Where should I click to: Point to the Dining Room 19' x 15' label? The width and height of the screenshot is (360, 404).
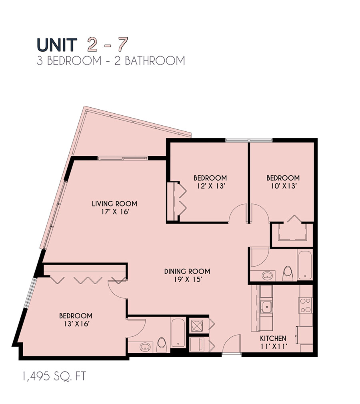point(187,275)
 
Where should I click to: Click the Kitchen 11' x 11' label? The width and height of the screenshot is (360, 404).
point(274,342)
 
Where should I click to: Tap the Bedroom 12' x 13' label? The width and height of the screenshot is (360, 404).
point(210,181)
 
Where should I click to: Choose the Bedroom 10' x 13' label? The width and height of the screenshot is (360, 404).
point(283,181)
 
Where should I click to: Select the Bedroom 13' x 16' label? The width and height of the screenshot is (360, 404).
point(76,320)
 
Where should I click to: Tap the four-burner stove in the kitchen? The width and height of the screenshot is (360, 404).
point(306,306)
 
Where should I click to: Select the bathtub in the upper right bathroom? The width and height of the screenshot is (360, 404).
point(304,265)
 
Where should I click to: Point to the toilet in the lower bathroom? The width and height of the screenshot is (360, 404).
point(162,344)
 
